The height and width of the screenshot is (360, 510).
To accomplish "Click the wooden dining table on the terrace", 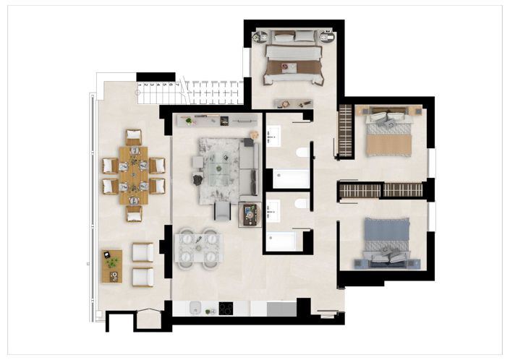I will point(133,174).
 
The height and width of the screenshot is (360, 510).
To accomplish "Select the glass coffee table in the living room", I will point(218,168).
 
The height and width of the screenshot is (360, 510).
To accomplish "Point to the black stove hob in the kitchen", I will point(225,309).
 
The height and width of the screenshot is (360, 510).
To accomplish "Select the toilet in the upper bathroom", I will point(302,153).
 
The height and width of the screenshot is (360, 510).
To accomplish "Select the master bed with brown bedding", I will point(292,59).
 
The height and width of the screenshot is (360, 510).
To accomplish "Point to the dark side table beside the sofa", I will point(250,215).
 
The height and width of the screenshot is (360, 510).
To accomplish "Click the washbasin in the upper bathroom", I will point(273,134).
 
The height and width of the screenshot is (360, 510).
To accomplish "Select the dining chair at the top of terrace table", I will point(133,136).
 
